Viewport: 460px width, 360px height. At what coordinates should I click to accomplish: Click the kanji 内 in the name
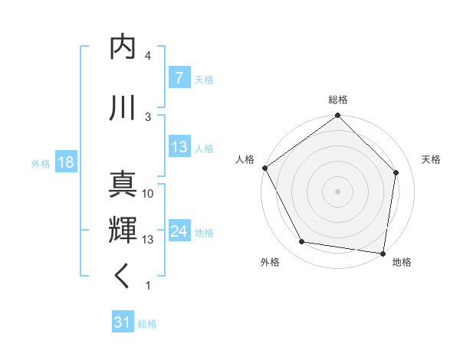click(123, 48)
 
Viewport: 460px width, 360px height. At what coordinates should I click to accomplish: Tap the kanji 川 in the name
click(123, 108)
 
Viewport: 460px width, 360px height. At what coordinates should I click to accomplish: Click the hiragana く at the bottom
click(123, 277)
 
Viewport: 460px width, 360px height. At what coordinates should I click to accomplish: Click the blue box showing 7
click(179, 78)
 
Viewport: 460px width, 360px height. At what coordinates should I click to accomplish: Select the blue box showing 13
click(179, 147)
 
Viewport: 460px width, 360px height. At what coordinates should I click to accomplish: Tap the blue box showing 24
click(179, 231)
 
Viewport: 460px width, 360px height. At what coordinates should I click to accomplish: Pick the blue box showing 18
click(65, 162)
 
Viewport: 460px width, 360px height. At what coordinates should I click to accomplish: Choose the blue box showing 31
click(122, 322)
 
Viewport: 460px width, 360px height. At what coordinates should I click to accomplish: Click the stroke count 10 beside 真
click(148, 194)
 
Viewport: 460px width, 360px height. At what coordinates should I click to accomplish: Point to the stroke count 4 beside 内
click(148, 56)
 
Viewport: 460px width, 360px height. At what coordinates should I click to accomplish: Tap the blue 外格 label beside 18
click(41, 163)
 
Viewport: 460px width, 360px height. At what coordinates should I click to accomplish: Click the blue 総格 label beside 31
click(147, 324)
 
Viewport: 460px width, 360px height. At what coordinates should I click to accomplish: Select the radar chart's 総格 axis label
click(338, 100)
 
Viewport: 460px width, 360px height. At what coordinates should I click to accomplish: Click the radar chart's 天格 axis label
click(432, 159)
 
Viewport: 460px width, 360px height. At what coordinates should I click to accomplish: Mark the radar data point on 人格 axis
click(264, 168)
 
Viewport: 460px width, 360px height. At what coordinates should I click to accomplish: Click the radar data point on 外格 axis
click(302, 242)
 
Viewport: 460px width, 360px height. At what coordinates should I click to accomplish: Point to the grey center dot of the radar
click(338, 191)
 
